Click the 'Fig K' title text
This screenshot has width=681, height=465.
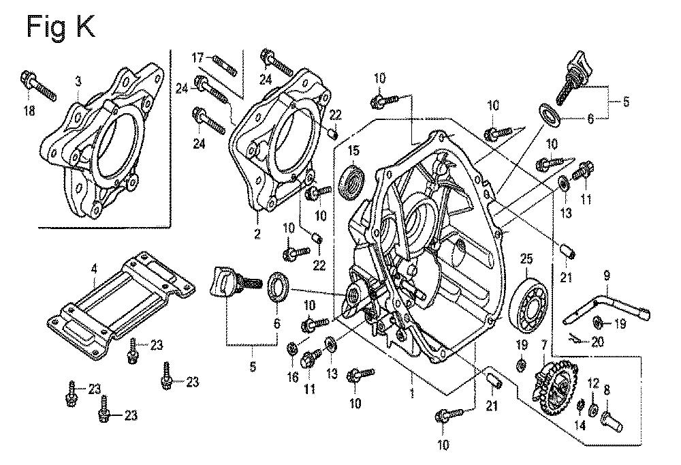(61, 27)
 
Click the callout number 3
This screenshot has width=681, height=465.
(78, 80)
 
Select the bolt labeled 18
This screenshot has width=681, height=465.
(39, 86)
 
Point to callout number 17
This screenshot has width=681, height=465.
(197, 57)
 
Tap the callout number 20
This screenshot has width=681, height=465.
(597, 342)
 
